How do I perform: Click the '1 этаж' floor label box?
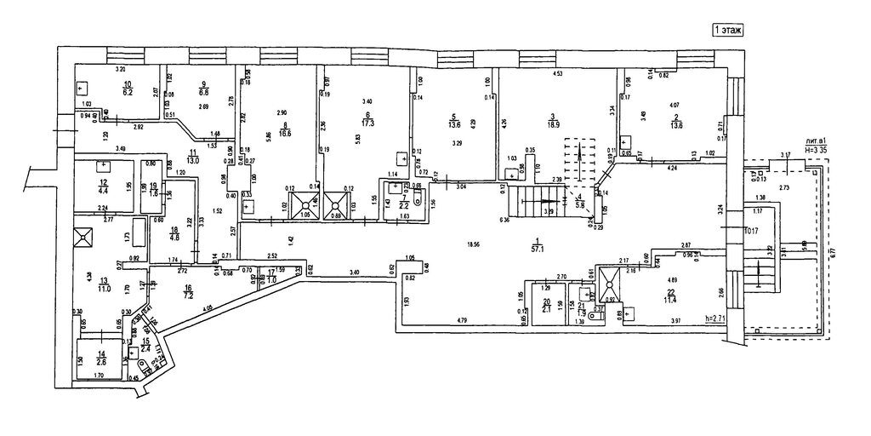pyautogui.click(x=727, y=30)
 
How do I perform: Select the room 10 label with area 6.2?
pyautogui.click(x=128, y=88)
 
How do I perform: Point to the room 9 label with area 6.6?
pyautogui.click(x=203, y=88)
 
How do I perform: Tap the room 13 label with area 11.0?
pyautogui.click(x=104, y=284)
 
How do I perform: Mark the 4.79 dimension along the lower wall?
pyautogui.click(x=462, y=319)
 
